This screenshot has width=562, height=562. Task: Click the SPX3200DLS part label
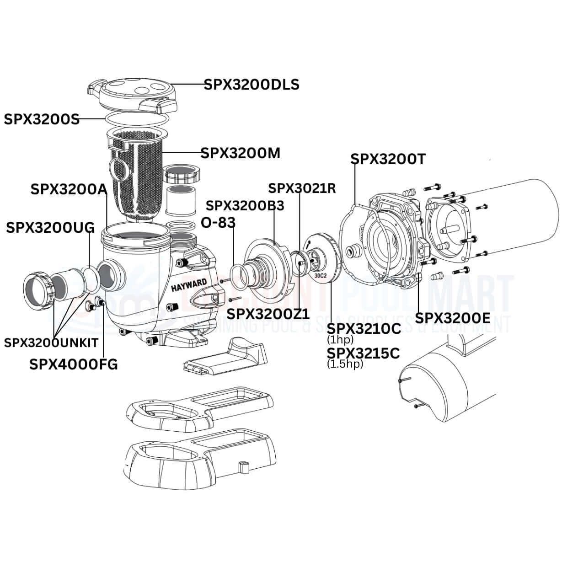pyautogui.click(x=251, y=85)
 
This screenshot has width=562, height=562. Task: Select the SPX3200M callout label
pyautogui.click(x=241, y=154)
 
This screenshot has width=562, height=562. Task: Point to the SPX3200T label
pyautogui.click(x=388, y=159)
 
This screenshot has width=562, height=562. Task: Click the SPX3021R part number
pyautogui.click(x=302, y=188)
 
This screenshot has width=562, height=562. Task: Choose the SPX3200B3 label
pyautogui.click(x=245, y=206)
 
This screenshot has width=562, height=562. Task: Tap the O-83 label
pyautogui.click(x=218, y=223)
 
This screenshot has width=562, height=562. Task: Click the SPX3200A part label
pyautogui.click(x=68, y=189)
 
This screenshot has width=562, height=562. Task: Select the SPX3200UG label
pyautogui.click(x=50, y=227)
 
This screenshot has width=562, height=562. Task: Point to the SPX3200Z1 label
pyautogui.click(x=268, y=314)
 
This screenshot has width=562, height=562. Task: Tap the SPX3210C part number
pyautogui.click(x=364, y=329)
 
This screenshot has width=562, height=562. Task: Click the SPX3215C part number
pyautogui.click(x=363, y=353)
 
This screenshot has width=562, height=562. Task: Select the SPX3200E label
pyautogui.click(x=453, y=318)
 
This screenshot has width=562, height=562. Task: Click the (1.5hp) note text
pyautogui.click(x=345, y=364)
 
